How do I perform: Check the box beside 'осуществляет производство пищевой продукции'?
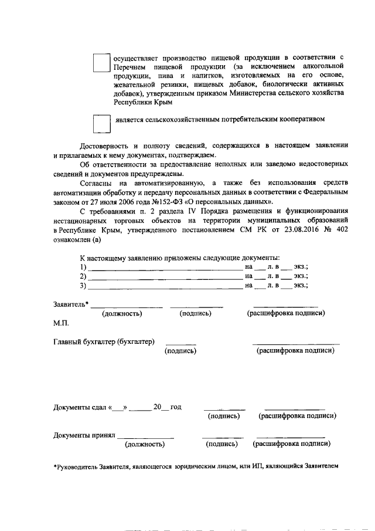point(101,63)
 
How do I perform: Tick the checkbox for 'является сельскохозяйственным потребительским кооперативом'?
point(101,123)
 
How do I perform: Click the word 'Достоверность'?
point(107,146)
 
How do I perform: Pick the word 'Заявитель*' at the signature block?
point(71,304)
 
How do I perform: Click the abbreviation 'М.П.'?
point(61,323)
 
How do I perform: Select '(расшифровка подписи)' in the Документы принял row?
point(291,444)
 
